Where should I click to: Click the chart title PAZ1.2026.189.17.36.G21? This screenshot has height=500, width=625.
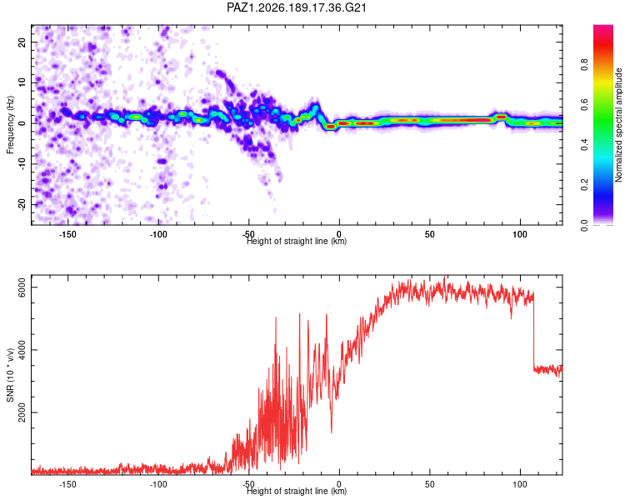(x=297, y=7)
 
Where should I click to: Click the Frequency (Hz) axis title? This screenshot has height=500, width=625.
(x=10, y=125)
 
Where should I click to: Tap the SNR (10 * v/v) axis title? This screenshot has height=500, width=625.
(x=10, y=375)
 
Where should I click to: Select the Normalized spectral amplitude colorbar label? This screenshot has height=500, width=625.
(x=618, y=125)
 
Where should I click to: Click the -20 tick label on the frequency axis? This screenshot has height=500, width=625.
(x=22, y=204)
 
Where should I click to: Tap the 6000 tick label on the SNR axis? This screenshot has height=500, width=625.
(x=22, y=287)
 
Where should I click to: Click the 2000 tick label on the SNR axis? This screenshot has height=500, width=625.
(x=22, y=412)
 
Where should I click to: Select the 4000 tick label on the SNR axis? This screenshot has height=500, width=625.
(x=22, y=350)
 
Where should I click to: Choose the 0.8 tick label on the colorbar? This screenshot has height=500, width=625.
(x=584, y=64)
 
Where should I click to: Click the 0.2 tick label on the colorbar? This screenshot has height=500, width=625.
(x=584, y=185)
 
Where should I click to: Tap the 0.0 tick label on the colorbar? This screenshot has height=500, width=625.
(x=584, y=225)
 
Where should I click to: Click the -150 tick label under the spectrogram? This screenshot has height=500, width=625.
(x=67, y=234)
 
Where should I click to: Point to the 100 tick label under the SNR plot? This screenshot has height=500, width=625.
(x=520, y=484)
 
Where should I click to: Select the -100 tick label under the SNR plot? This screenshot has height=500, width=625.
(x=158, y=484)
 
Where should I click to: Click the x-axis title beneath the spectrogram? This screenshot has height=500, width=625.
(x=297, y=241)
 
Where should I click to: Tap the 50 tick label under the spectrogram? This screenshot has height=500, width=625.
(x=430, y=234)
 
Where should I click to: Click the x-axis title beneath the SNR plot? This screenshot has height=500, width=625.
(x=297, y=491)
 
